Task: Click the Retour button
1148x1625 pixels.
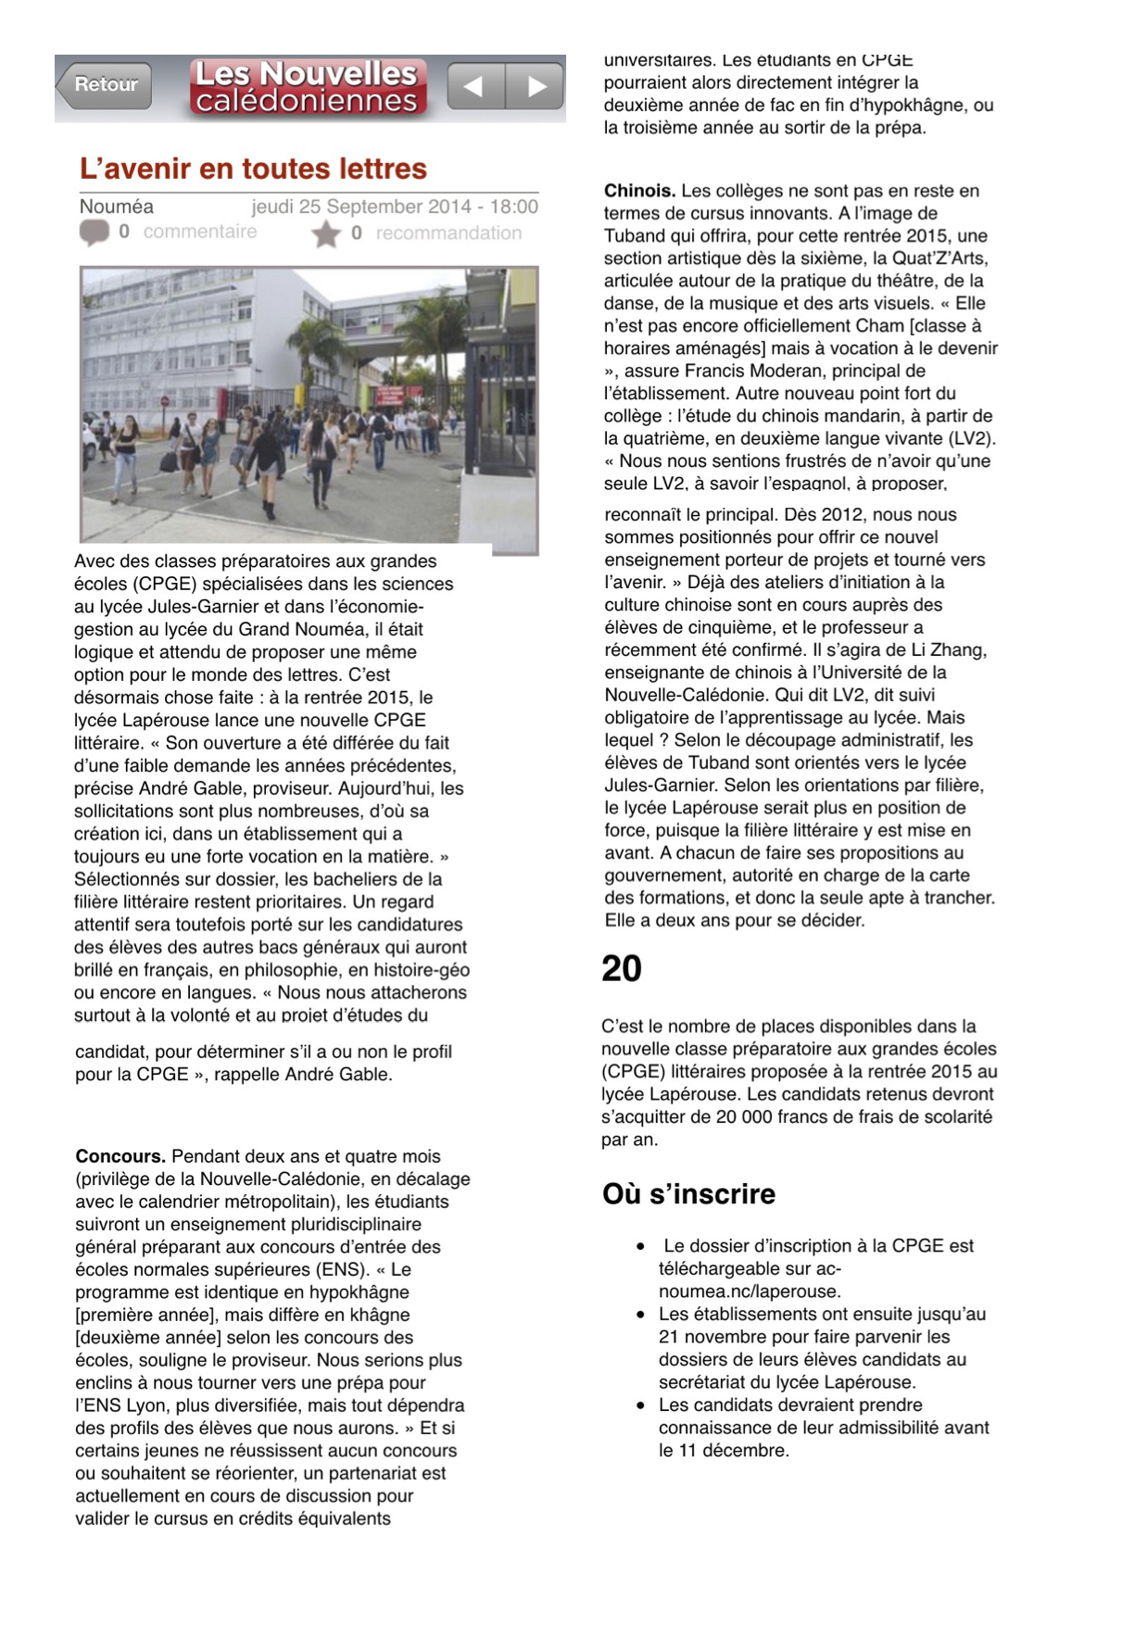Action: [104, 85]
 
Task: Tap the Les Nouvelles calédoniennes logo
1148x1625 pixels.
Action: [307, 87]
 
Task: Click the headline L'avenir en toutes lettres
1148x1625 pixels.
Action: [253, 169]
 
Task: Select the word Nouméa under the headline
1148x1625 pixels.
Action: [116, 207]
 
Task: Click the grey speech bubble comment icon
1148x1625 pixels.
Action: [94, 233]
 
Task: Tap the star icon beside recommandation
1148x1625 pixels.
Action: [325, 234]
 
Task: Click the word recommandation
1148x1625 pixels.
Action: [448, 233]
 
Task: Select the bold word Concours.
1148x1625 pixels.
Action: [120, 1156]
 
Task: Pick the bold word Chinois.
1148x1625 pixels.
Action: [639, 191]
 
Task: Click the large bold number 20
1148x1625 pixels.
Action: [622, 969]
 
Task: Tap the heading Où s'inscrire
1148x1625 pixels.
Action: [688, 1193]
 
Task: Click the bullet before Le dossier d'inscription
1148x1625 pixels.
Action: [640, 1247]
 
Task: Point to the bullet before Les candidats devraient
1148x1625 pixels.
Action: [640, 1405]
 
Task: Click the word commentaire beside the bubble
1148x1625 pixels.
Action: [200, 232]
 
